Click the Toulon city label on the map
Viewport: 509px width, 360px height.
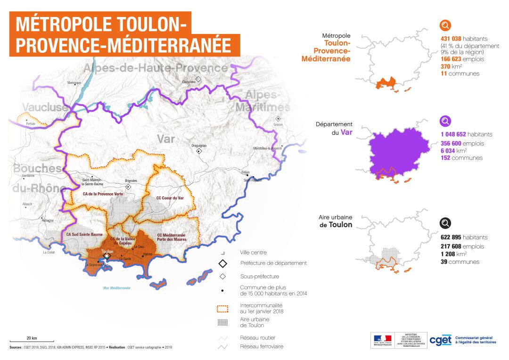coord(107,252)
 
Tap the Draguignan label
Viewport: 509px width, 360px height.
coord(199,146)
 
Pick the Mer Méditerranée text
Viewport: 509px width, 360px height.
coord(116,287)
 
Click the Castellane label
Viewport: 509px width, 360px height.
coord(189,82)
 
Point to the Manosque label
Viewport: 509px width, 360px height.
coord(74,82)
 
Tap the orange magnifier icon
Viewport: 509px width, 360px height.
coord(445,25)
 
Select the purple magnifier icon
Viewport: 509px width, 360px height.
coord(445,121)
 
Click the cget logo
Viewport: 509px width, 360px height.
coord(441,340)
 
